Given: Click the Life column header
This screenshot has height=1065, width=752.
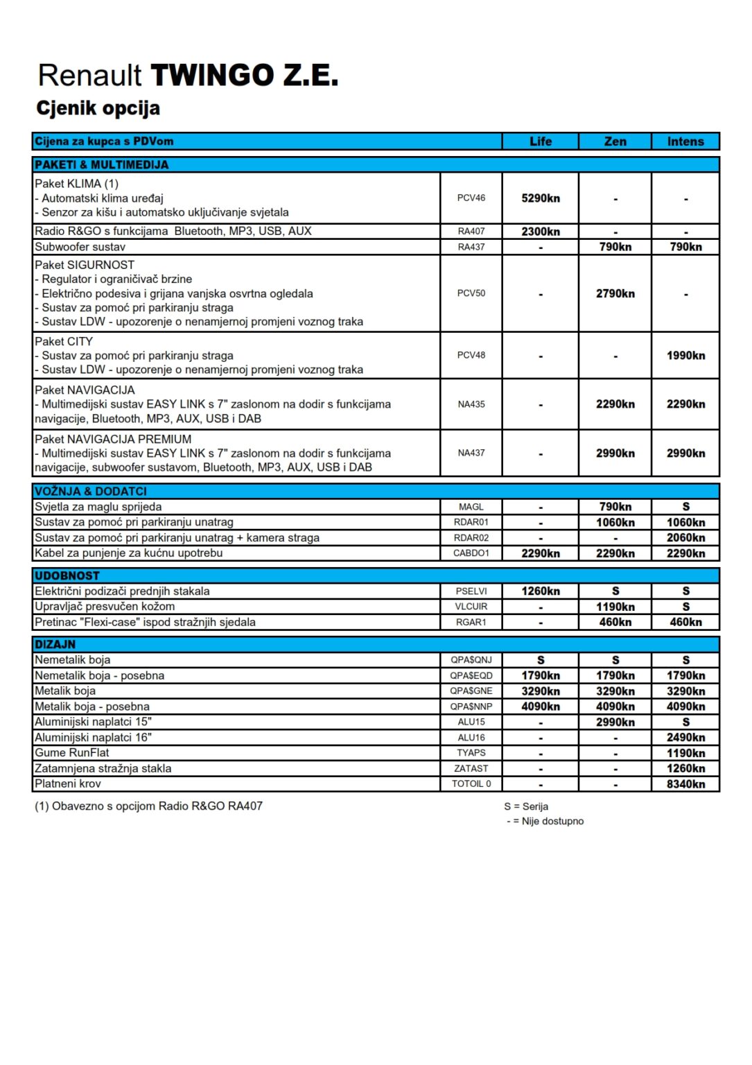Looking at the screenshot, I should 541,141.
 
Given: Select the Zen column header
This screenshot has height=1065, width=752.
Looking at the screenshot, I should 615,141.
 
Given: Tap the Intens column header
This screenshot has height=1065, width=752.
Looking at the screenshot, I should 685,141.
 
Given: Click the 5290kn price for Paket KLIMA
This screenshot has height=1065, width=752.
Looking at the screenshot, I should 541,198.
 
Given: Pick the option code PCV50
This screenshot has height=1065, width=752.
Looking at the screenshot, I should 471,293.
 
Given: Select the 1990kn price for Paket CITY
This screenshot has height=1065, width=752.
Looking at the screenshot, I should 685,356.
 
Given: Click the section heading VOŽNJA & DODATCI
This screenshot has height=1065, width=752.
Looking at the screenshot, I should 91,492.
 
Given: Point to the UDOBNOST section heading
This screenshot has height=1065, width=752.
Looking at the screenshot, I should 67,576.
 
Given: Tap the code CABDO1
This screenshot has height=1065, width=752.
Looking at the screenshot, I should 471,553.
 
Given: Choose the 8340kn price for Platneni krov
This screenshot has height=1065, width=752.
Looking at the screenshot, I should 685,784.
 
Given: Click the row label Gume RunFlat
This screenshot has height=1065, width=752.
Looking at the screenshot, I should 72,753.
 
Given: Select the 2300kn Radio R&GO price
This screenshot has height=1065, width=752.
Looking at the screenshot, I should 541,232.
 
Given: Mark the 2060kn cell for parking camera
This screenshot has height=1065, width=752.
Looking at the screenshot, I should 685,538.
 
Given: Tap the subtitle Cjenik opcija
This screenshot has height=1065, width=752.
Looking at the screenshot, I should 98,108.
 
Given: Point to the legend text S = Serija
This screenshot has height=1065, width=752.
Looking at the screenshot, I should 526,806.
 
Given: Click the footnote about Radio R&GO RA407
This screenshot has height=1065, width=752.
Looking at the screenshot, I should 149,806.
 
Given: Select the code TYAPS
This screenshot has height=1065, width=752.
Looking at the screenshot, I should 471,753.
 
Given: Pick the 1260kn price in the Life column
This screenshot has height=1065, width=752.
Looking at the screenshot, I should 541,591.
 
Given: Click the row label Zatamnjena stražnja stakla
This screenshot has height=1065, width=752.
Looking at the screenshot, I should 103,768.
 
